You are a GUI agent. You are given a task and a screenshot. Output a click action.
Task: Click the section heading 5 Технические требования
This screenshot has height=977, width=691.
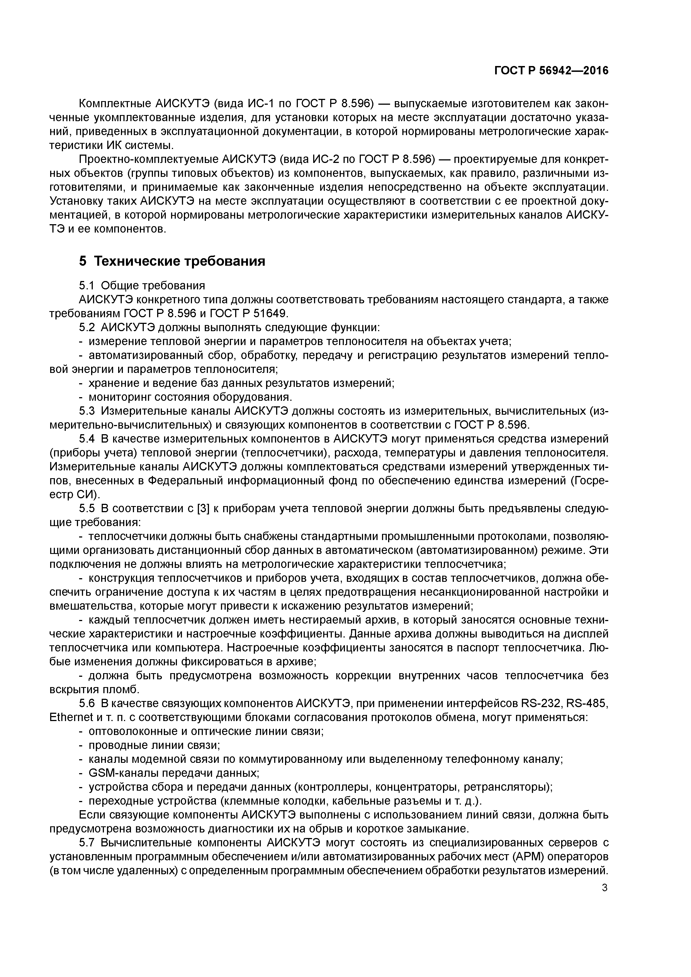pos(172,261)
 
